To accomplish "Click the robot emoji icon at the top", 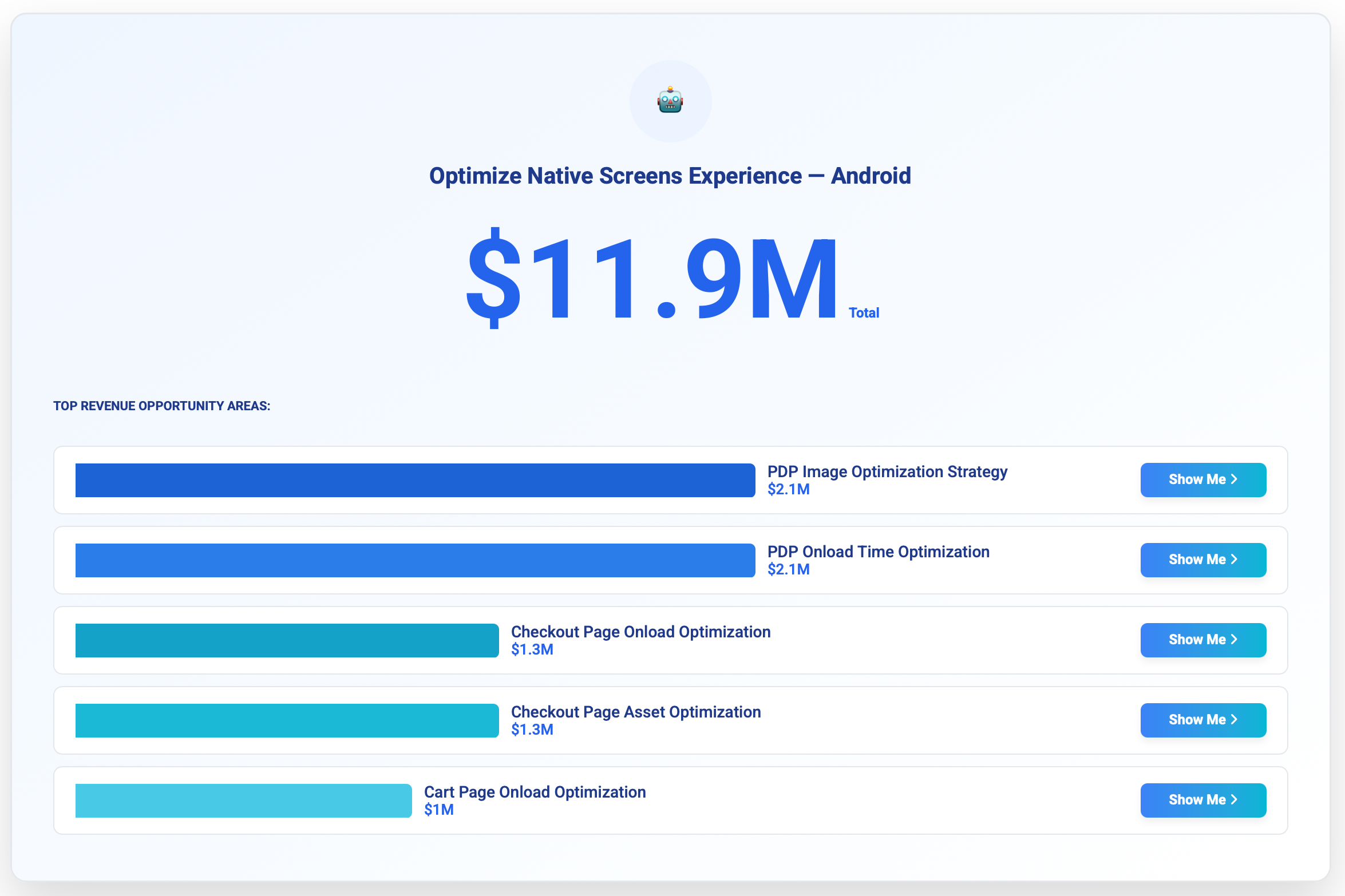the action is click(x=670, y=100).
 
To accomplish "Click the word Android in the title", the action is click(x=871, y=176).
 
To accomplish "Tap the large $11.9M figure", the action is click(x=651, y=279).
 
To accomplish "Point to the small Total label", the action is click(x=864, y=312).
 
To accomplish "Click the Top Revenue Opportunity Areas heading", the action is click(x=162, y=406).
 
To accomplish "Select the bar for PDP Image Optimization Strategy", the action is click(x=415, y=480).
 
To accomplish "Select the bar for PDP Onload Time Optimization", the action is click(x=415, y=560).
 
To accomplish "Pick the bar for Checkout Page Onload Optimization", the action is click(x=287, y=640).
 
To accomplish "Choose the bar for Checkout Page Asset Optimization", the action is click(x=287, y=720).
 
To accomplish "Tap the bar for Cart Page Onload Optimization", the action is click(x=243, y=800).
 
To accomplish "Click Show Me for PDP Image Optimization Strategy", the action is click(x=1203, y=479).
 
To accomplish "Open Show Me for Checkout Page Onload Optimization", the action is click(x=1203, y=640).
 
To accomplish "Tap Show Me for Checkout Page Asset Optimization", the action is click(x=1203, y=720).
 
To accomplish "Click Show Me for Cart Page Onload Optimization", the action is click(x=1203, y=800).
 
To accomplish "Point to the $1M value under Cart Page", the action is click(x=439, y=810).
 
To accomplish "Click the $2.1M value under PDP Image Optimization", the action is click(x=789, y=489).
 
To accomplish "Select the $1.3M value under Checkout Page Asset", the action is click(x=532, y=730).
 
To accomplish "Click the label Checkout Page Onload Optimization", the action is click(x=641, y=632).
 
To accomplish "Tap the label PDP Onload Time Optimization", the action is click(x=879, y=552).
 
